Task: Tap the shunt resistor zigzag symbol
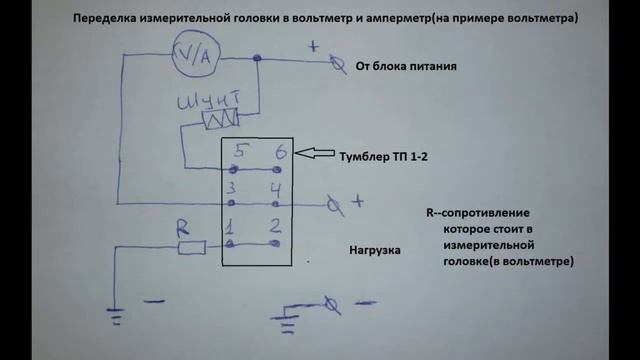pos(219,120)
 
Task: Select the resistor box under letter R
pos(191,247)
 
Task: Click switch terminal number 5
pos(239,152)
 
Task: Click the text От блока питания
pos(406,68)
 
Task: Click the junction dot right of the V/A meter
pos(258,61)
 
